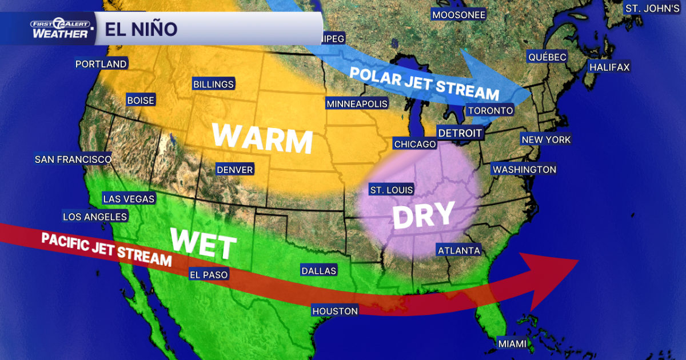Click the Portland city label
coord(101,64)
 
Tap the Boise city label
coord(141,101)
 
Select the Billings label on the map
coord(213,85)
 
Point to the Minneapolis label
coord(357,104)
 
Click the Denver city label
coord(234,170)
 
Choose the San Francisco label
coord(73,159)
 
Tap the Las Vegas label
coord(129,199)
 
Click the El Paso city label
coord(209,275)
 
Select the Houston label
coord(335,311)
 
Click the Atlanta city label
coord(458,250)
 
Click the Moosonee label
coord(458,15)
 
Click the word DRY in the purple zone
coord(424,215)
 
